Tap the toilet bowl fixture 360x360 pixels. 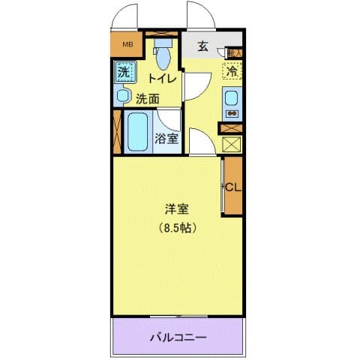(x=162, y=53)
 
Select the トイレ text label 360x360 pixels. (x=163, y=77)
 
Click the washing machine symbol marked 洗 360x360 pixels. (x=124, y=73)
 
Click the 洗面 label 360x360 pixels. (x=148, y=98)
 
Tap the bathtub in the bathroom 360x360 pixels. (x=138, y=133)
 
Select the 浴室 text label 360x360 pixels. (x=166, y=138)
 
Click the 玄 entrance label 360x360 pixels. (x=202, y=46)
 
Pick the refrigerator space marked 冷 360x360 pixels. (x=232, y=73)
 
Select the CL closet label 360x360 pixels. (x=232, y=187)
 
